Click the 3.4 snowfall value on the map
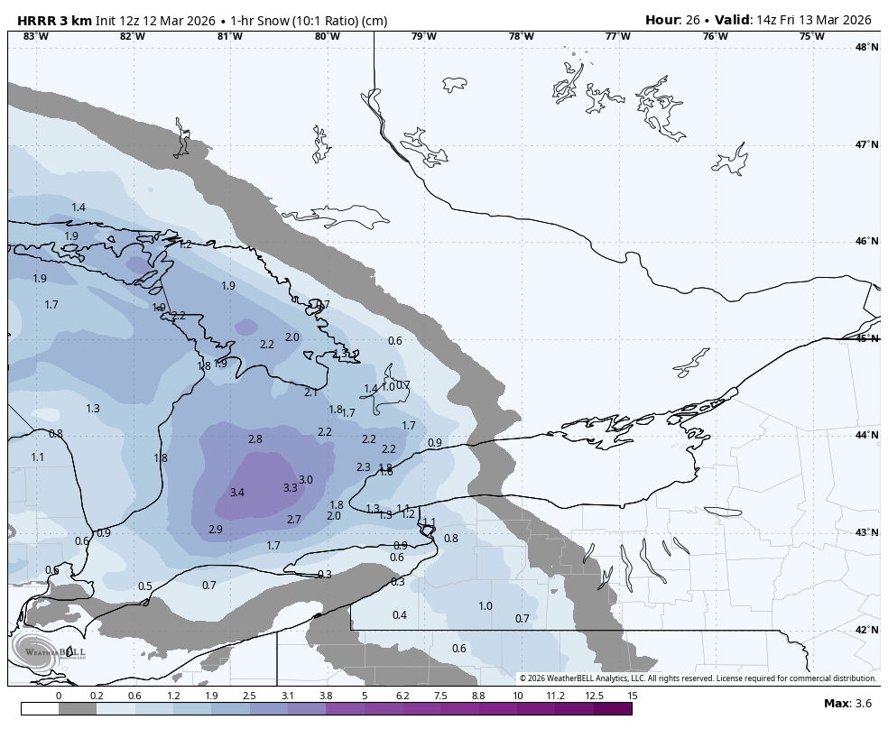(x=237, y=493)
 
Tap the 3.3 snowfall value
(x=290, y=488)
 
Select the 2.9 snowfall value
(x=216, y=530)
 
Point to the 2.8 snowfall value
(x=254, y=439)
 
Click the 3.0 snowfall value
(x=306, y=480)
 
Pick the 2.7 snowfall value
(x=294, y=520)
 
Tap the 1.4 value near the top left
(x=79, y=208)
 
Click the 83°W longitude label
(x=35, y=36)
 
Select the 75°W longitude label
(x=811, y=36)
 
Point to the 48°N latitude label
(x=866, y=47)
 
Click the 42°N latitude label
(x=866, y=630)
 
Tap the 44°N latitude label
(x=866, y=436)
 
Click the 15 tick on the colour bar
(x=633, y=696)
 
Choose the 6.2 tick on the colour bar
(x=402, y=696)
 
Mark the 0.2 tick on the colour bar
(x=97, y=696)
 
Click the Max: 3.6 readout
(x=847, y=704)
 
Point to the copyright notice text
(x=698, y=678)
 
